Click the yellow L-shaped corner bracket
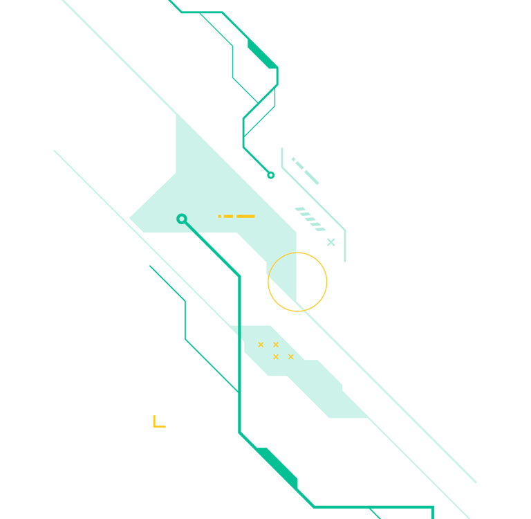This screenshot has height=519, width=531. [158, 423]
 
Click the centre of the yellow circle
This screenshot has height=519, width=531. [297, 282]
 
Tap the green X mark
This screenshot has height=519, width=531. [331, 242]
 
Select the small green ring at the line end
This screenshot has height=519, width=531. [271, 175]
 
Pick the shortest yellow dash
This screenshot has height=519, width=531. [220, 217]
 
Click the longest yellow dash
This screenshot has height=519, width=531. [245, 217]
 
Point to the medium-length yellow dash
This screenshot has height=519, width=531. [228, 217]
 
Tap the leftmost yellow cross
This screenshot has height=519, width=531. [261, 345]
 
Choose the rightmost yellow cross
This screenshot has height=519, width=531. [291, 357]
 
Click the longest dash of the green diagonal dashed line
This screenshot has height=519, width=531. [312, 178]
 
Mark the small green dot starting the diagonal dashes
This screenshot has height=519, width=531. [293, 159]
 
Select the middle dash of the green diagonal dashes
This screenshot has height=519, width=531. [300, 165]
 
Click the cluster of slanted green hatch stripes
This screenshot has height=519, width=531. [310, 219]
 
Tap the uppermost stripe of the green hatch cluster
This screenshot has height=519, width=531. [299, 209]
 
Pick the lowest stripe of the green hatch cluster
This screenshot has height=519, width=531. [320, 229]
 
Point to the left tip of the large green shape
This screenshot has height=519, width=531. [131, 219]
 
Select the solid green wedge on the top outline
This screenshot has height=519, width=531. [263, 55]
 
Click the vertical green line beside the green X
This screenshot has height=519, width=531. [345, 246]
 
